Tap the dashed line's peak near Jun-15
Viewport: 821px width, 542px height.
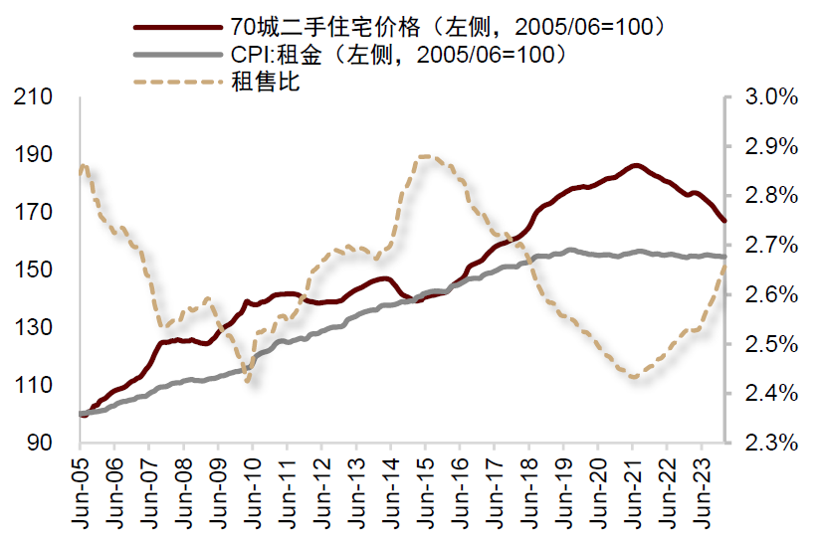[426, 156]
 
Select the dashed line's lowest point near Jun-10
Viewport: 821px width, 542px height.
[247, 381]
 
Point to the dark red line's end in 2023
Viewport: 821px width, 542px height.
[724, 221]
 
